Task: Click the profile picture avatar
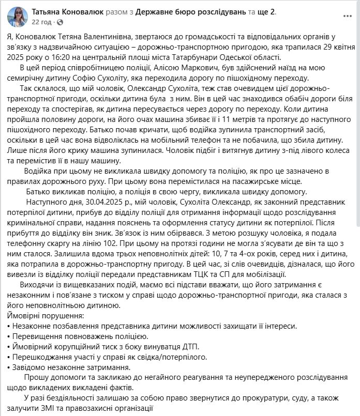point(17,17)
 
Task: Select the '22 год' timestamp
point(41,22)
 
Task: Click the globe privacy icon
point(60,22)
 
